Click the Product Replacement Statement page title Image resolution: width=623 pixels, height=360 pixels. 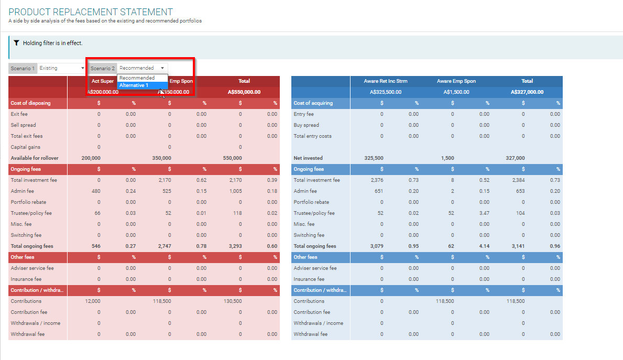coord(91,12)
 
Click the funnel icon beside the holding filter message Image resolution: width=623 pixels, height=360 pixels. coord(17,43)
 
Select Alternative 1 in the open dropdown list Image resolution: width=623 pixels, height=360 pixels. coord(134,85)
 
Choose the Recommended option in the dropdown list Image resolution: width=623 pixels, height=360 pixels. coord(137,78)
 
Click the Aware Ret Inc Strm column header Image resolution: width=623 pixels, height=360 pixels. coord(386,81)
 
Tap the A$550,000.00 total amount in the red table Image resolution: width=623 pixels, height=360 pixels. coord(244,92)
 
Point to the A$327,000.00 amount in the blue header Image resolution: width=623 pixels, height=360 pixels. coord(527,92)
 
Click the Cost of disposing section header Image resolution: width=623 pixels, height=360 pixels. coord(31,103)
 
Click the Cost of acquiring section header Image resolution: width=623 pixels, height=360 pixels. coord(313,103)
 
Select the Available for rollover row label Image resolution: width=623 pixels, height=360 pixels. coord(35,158)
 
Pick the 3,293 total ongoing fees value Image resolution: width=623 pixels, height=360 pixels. coord(235,246)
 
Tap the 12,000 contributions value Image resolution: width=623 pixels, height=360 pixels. coord(93,301)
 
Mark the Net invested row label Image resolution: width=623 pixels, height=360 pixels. coord(308,158)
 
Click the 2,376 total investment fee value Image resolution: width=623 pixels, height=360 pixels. coord(376,180)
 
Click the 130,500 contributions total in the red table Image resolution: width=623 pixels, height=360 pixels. coord(233,301)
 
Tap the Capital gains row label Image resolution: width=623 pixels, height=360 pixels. coord(26,147)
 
